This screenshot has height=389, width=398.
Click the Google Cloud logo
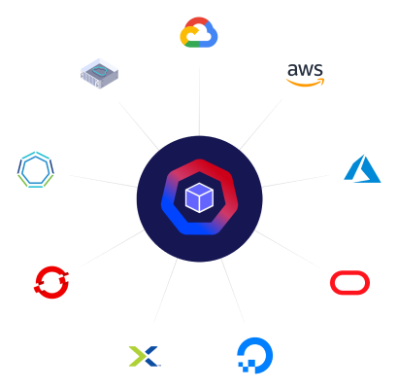(199, 35)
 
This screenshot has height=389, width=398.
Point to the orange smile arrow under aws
(307, 85)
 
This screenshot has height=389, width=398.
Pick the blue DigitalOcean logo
(255, 356)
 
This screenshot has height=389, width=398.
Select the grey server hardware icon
(97, 71)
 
